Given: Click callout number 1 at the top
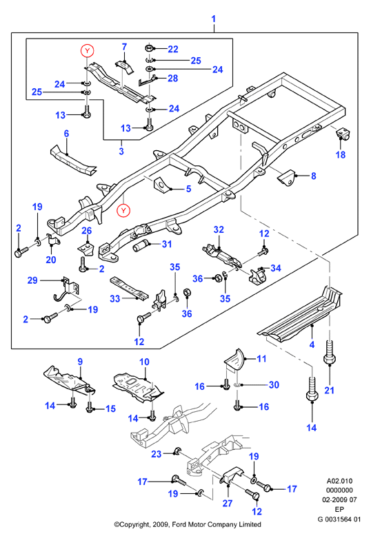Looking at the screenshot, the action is coord(213,19).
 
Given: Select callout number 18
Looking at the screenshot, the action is coord(340,155).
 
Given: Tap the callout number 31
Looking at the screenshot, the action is coord(167,244).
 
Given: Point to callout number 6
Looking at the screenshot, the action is coord(66,134).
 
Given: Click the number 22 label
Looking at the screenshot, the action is coord(173,49).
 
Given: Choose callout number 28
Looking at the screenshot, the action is coord(173,79).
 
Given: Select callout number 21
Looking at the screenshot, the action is coord(329,390).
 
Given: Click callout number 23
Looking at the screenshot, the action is coord(157,454).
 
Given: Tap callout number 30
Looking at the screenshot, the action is coord(274,384).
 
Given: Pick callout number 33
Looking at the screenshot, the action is coord(115,298).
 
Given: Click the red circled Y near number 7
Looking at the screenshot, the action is coord(88,51).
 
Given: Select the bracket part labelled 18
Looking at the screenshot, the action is coord(342,134).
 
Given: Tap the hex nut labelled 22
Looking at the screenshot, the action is coord(150,47).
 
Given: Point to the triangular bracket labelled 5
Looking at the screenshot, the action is coord(161,184).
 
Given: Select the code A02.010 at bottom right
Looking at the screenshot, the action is coord(339,481).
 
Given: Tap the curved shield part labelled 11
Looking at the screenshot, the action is coord(234,360).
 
